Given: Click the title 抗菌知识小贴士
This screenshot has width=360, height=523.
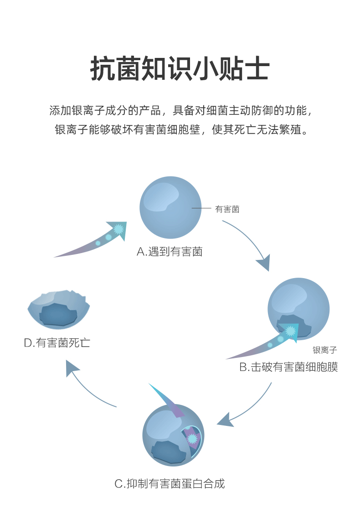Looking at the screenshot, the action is click(x=180, y=69).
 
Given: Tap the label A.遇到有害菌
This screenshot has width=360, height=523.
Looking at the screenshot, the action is click(x=170, y=252).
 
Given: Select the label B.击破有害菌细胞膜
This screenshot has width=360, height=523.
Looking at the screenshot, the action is click(x=288, y=367).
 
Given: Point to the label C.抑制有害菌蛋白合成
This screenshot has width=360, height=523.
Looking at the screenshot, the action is click(x=170, y=484).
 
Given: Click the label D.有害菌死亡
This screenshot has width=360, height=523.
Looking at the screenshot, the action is click(x=57, y=343).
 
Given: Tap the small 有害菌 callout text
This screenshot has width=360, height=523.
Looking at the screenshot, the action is click(x=227, y=209).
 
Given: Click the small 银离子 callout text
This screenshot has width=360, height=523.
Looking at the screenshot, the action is click(x=324, y=350).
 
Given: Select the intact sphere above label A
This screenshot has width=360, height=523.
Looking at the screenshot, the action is click(x=170, y=208).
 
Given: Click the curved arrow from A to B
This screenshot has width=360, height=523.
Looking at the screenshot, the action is click(x=248, y=244).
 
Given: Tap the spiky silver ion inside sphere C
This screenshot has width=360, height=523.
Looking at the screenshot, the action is click(x=192, y=439).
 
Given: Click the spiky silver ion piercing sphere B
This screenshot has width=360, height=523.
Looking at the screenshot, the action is click(x=290, y=331).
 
